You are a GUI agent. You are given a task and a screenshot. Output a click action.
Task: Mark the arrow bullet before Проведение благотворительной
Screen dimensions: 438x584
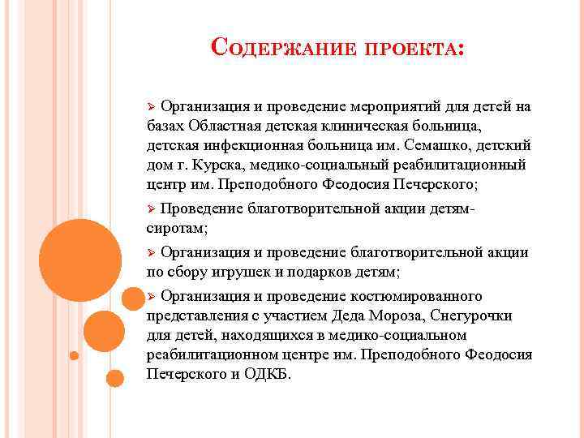click(150, 209)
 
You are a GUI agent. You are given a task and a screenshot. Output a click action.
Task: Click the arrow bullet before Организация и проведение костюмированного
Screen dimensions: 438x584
click(150, 296)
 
